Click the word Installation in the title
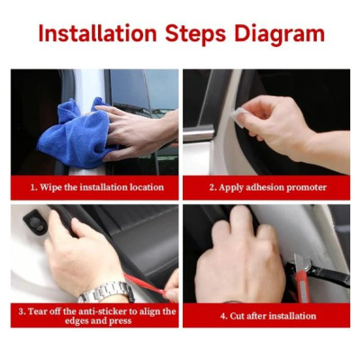[97, 34]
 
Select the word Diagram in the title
[279, 34]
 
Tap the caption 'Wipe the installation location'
[97, 187]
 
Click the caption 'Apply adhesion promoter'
[266, 187]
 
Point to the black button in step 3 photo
[31, 218]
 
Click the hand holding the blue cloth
[135, 130]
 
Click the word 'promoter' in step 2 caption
[301, 187]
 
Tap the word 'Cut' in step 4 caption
[238, 316]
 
